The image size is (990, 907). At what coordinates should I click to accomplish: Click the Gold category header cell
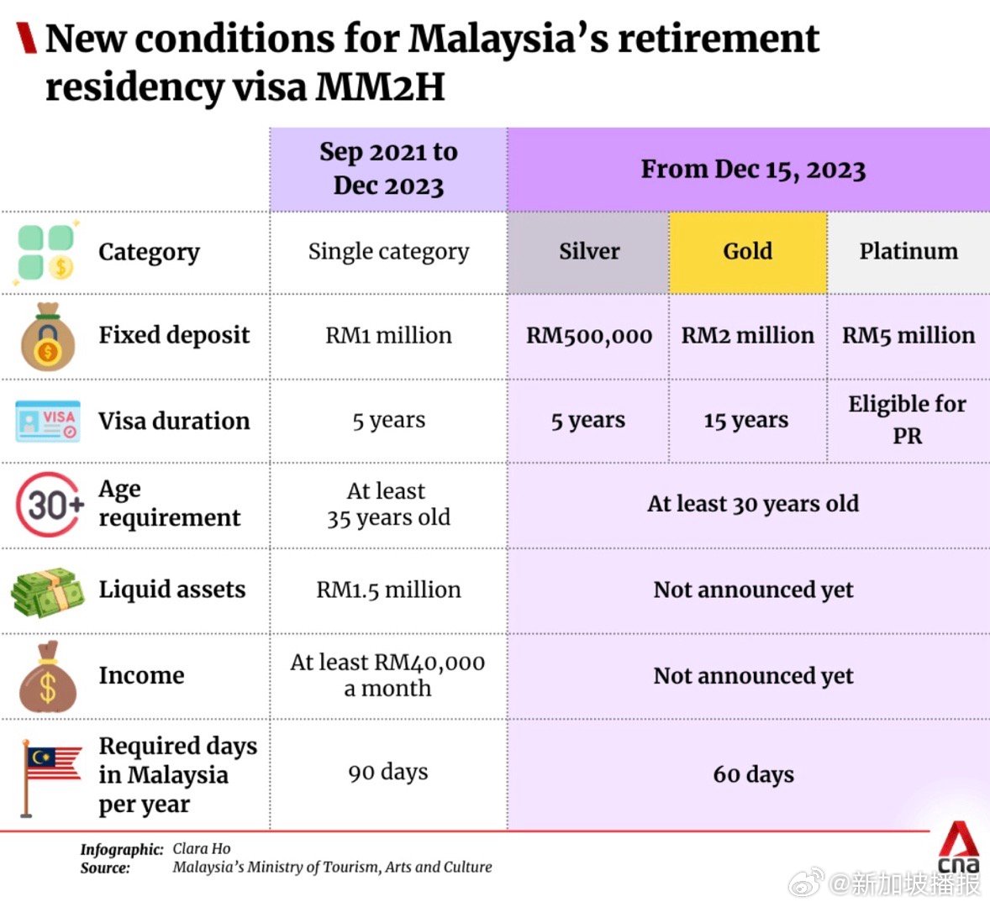pyautogui.click(x=747, y=251)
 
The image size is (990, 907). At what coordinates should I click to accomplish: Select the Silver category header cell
pyautogui.click(x=589, y=251)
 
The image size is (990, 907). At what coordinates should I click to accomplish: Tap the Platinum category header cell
pyautogui.click(x=908, y=251)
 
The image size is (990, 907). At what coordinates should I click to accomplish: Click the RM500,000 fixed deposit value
pyautogui.click(x=589, y=336)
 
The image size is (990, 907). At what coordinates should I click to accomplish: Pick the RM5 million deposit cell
pyautogui.click(x=908, y=336)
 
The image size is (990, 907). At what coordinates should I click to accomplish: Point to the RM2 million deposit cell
pyautogui.click(x=747, y=336)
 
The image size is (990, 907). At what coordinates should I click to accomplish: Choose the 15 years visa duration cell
pyautogui.click(x=746, y=421)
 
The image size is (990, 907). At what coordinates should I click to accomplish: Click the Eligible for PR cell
pyautogui.click(x=907, y=419)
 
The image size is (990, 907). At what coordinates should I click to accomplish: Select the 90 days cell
pyautogui.click(x=388, y=772)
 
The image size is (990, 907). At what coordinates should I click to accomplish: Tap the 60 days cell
pyautogui.click(x=753, y=774)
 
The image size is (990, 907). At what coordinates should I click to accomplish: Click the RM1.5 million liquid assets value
pyautogui.click(x=388, y=590)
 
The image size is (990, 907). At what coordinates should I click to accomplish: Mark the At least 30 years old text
pyautogui.click(x=753, y=504)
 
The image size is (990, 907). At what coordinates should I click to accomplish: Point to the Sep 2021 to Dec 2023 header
pyautogui.click(x=388, y=168)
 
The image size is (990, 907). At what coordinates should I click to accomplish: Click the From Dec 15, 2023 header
pyautogui.click(x=753, y=170)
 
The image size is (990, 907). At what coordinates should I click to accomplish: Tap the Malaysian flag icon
pyautogui.click(x=49, y=774)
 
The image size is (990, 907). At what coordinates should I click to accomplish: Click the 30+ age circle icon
pyautogui.click(x=50, y=505)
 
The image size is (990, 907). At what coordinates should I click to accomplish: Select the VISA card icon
pyautogui.click(x=49, y=421)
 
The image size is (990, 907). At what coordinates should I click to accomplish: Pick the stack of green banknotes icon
pyautogui.click(x=48, y=592)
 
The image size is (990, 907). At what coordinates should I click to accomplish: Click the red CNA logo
pyautogui.click(x=958, y=849)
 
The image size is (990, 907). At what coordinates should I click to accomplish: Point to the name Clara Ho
pyautogui.click(x=202, y=849)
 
